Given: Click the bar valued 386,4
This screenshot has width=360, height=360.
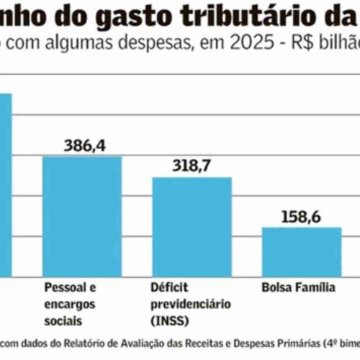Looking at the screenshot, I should pyautogui.click(x=81, y=216).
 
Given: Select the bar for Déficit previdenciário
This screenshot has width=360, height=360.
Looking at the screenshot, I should pyautogui.click(x=192, y=226).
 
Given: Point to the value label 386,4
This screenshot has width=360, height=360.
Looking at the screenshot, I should pyautogui.click(x=84, y=145).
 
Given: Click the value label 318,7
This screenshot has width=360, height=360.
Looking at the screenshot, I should pyautogui.click(x=193, y=165).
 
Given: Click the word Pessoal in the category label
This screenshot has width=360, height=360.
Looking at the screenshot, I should pyautogui.click(x=63, y=287).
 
